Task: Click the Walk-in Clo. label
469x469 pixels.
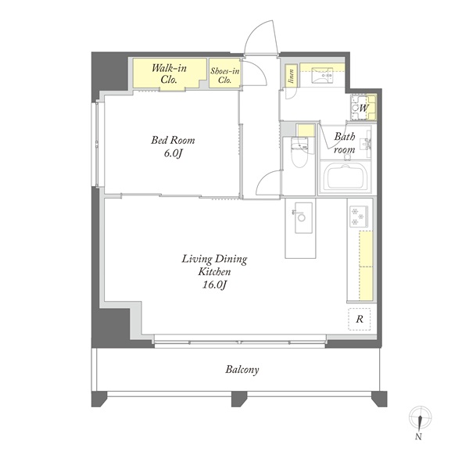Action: (x=169, y=74)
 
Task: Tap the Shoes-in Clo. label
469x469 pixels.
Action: (x=224, y=75)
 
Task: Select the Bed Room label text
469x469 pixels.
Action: (x=173, y=140)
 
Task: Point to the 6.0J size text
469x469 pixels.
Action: (x=173, y=153)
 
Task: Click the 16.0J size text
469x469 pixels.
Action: (x=214, y=285)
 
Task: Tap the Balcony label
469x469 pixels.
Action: (x=242, y=370)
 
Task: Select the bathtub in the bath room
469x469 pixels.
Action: (x=347, y=178)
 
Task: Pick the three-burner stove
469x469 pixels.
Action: (x=359, y=217)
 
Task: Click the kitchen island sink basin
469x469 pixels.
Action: (x=303, y=217)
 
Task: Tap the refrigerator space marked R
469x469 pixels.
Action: (x=360, y=319)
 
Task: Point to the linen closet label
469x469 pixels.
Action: (x=291, y=76)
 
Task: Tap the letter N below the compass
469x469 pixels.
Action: (x=418, y=437)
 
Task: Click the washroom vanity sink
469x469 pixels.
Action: (x=322, y=74)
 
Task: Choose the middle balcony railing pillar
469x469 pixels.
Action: (x=239, y=399)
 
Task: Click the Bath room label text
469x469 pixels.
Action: (x=345, y=143)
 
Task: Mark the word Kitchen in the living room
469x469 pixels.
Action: (x=214, y=271)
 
